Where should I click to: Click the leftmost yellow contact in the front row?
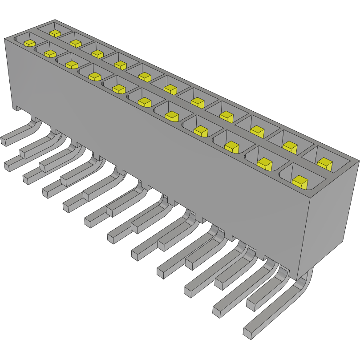[29, 43]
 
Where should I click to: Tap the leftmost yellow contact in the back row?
[55, 33]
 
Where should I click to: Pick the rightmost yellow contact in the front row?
[300, 181]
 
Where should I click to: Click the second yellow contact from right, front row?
[265, 164]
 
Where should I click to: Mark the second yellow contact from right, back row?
[290, 146]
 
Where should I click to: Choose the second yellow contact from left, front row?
[50, 54]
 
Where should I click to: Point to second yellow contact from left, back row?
[76, 43]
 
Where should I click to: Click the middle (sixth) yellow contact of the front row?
[145, 102]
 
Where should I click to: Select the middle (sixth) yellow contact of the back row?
[170, 89]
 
